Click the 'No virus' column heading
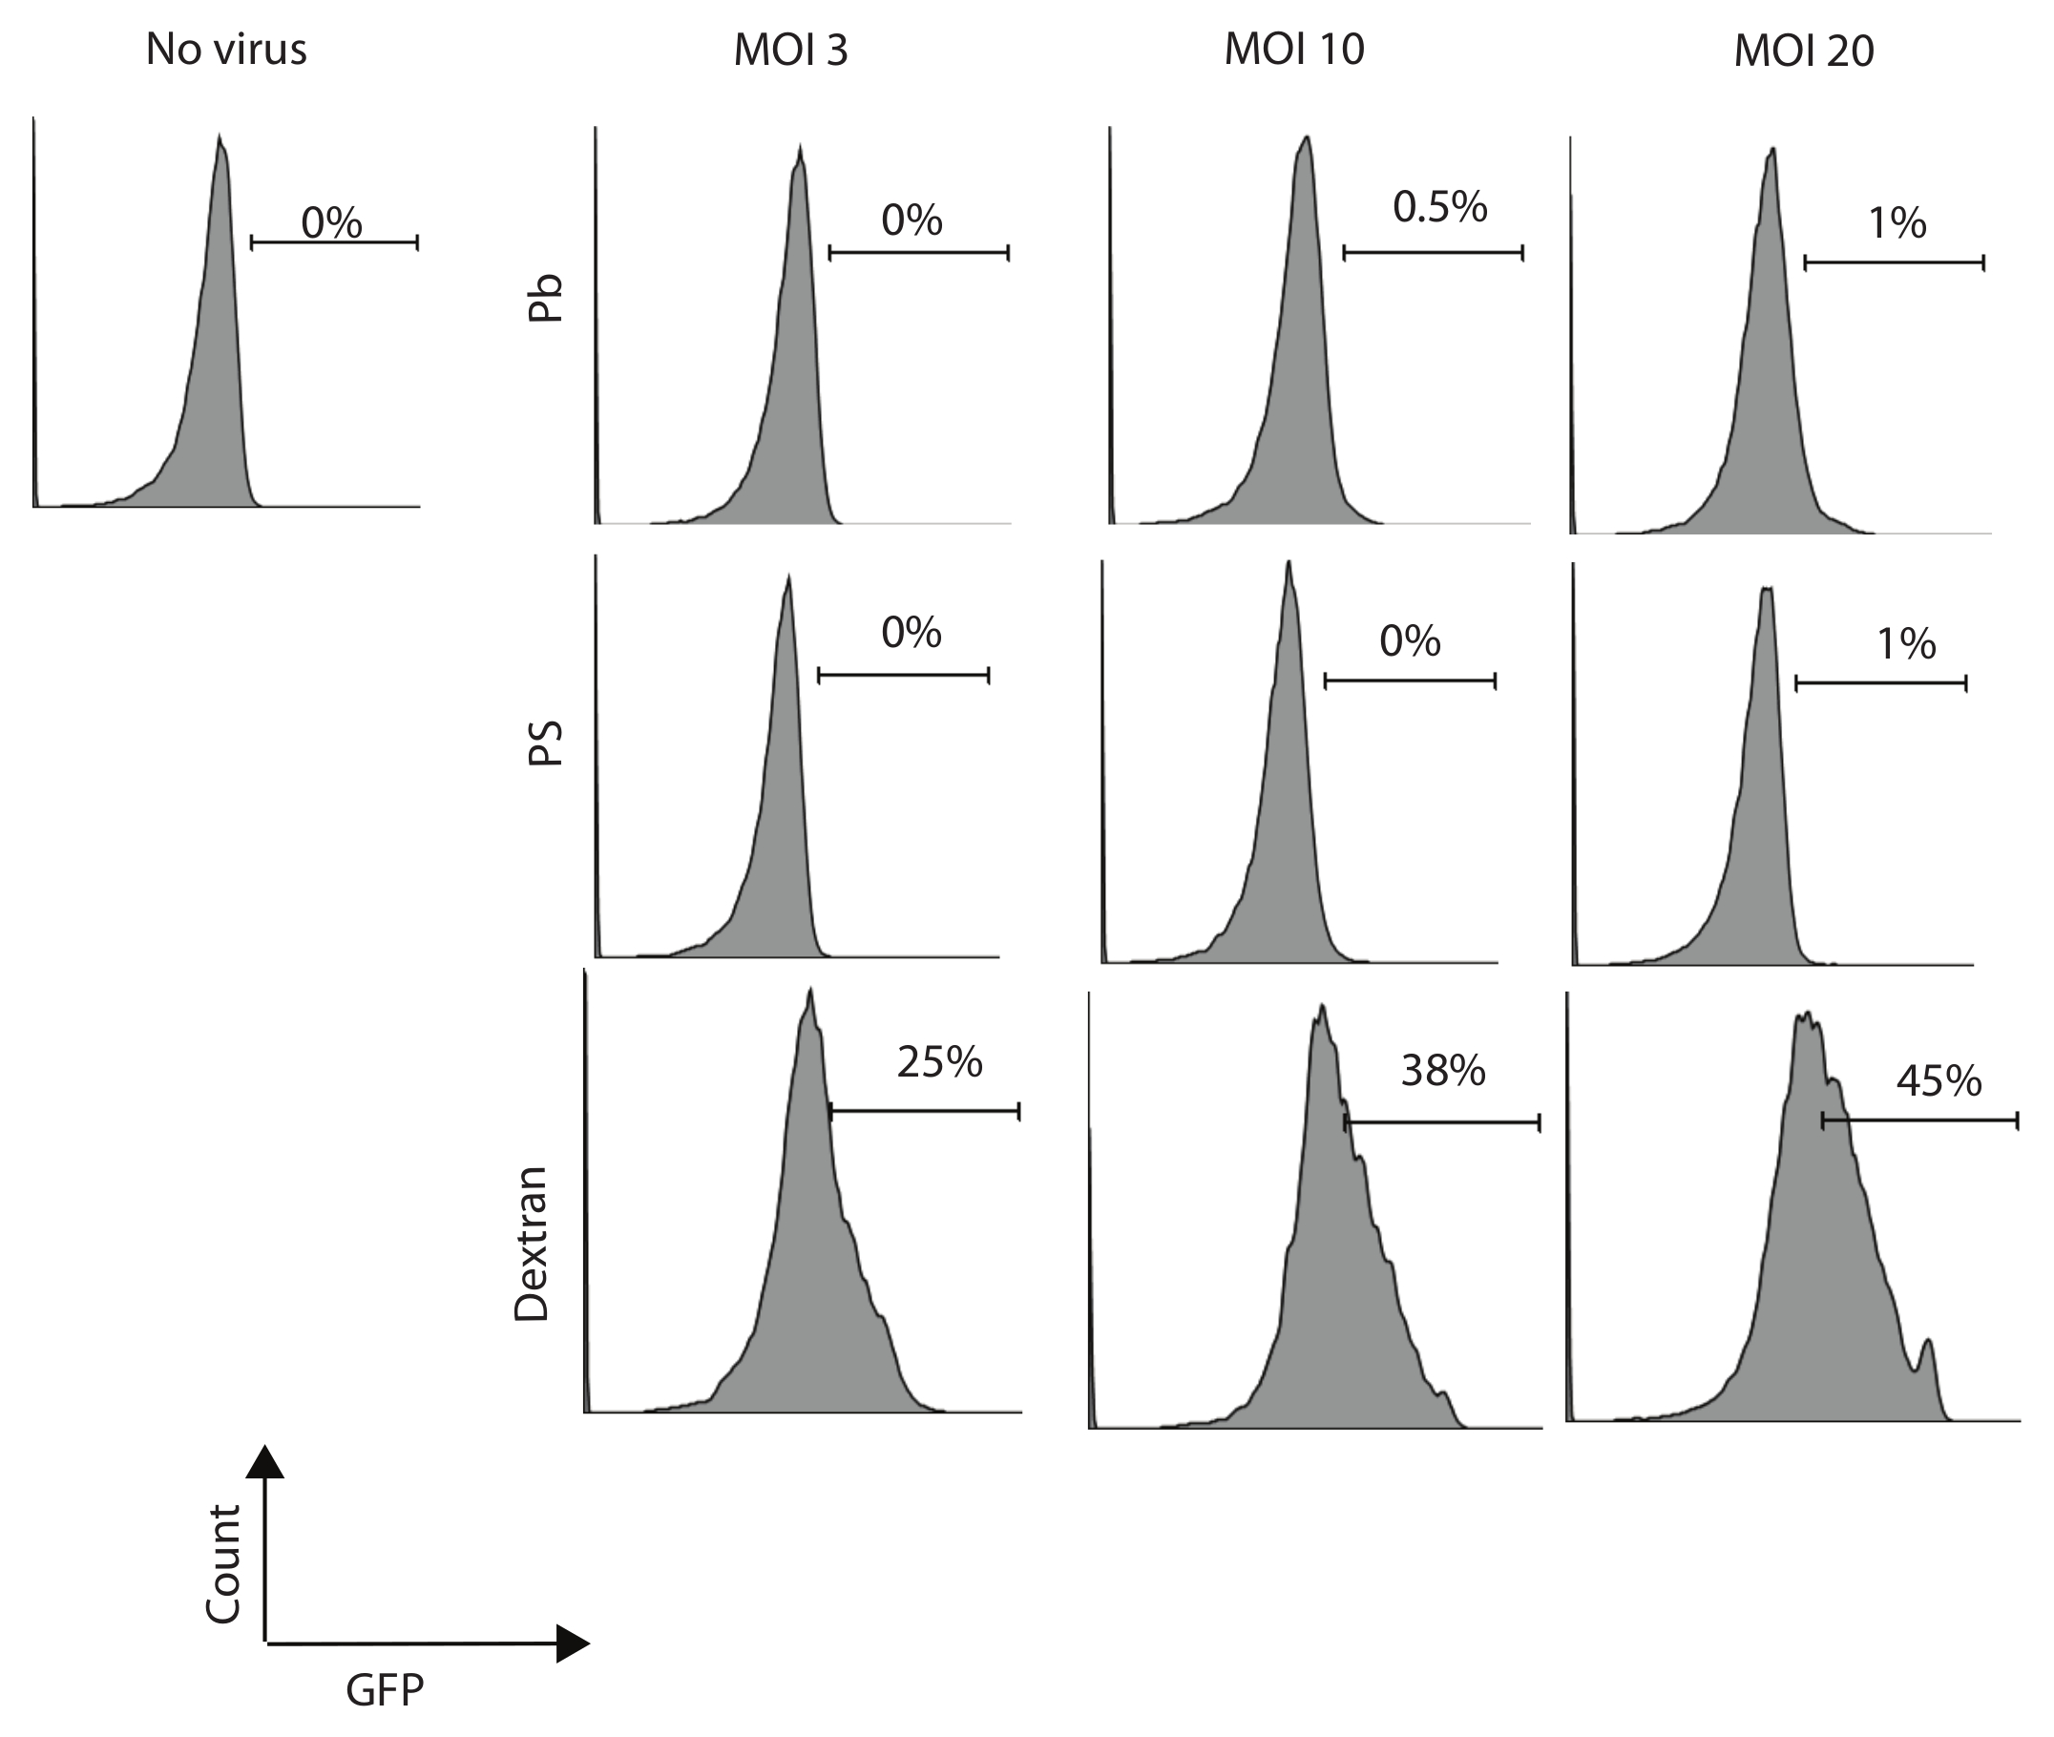tap(226, 50)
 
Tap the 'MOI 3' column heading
tap(789, 51)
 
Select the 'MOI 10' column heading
tap(1294, 49)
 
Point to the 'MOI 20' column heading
tap(1803, 52)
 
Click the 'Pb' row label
tap(544, 298)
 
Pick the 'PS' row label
tap(544, 743)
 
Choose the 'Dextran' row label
tap(532, 1243)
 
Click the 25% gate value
tap(939, 1061)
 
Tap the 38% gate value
tap(1442, 1071)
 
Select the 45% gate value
tap(1938, 1081)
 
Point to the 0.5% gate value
tap(1439, 207)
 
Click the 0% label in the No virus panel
tap(332, 222)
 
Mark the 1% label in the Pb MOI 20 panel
tap(1897, 223)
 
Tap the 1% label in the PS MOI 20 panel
tap(1906, 644)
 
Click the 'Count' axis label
tap(223, 1563)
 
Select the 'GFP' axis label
tap(384, 1689)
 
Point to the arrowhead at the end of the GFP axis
tap(572, 1643)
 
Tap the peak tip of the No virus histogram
tap(220, 136)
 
